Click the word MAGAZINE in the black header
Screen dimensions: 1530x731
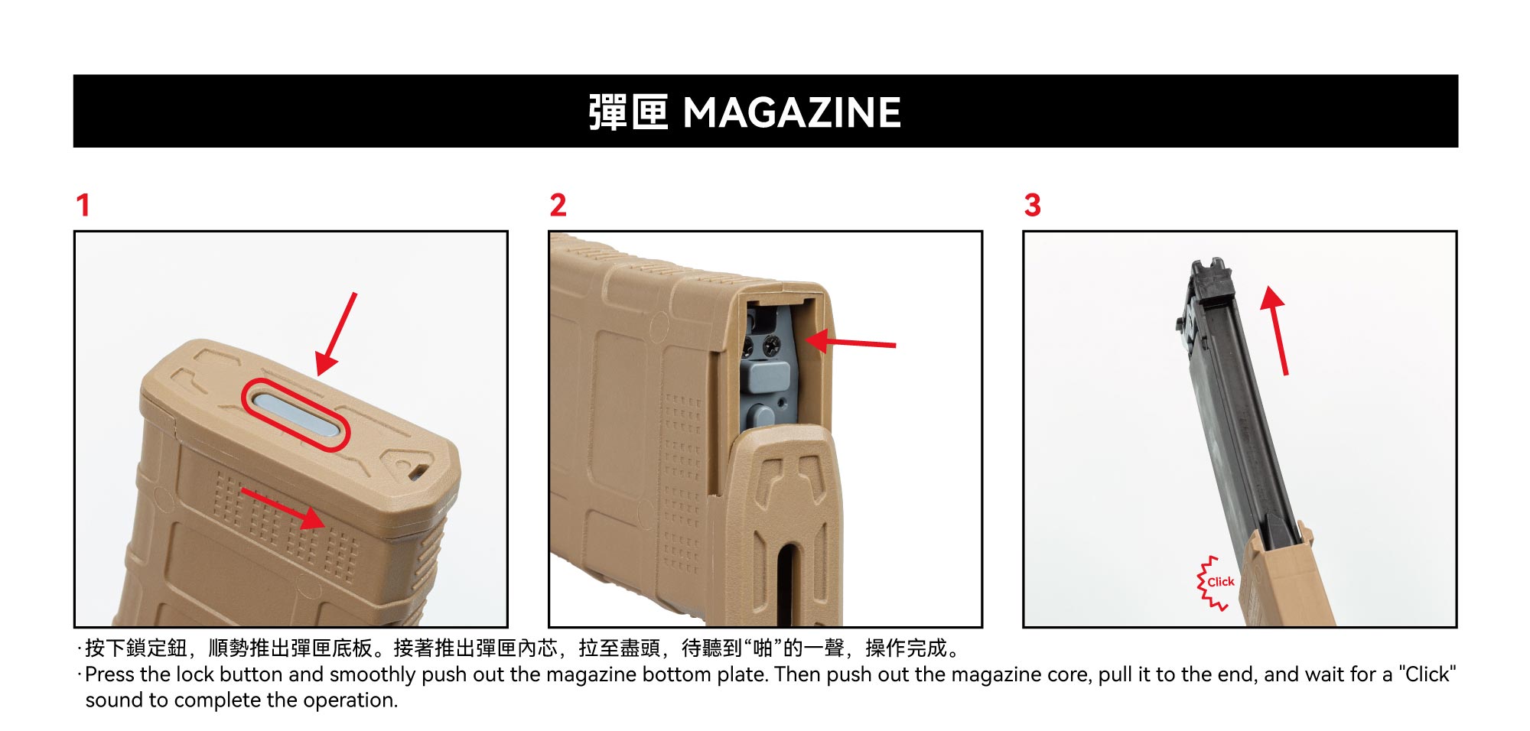[x=792, y=112]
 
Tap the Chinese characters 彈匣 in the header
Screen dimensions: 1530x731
[x=628, y=112]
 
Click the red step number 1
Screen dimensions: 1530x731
[x=83, y=205]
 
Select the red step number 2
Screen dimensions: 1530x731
[x=558, y=205]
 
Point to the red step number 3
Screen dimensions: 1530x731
[x=1033, y=205]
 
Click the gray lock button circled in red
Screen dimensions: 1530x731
[x=295, y=414]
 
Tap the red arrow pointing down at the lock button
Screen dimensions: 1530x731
[x=337, y=334]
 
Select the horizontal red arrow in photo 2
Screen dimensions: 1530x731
[x=850, y=342]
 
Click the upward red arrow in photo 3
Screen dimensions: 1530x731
[x=1275, y=330]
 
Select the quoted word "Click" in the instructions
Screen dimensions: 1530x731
[x=1427, y=674]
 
